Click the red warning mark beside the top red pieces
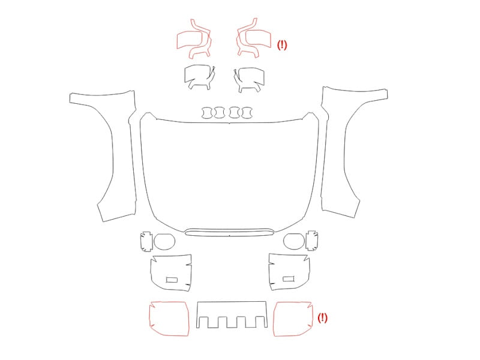click(282, 45)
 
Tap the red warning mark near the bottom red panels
click(322, 318)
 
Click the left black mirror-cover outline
click(185, 77)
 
